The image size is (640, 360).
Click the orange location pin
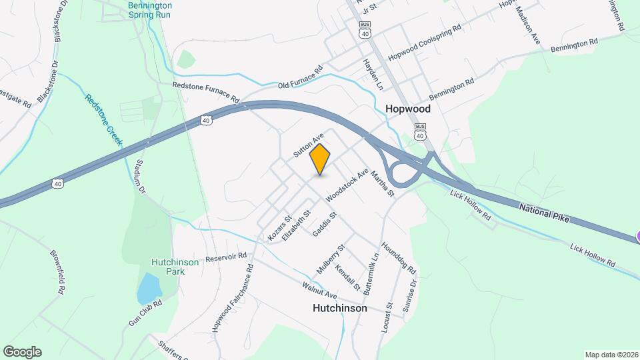[x=320, y=159]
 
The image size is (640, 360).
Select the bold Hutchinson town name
[x=339, y=309]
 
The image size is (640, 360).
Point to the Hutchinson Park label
[x=175, y=267]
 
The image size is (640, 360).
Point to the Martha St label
[x=383, y=183]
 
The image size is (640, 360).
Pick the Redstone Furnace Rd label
[x=206, y=92]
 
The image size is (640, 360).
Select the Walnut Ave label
[x=319, y=290]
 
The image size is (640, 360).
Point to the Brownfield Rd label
[x=59, y=271]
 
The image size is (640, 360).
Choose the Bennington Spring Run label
[x=150, y=9]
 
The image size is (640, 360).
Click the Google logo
[x=22, y=351]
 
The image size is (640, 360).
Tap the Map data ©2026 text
[x=610, y=354]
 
